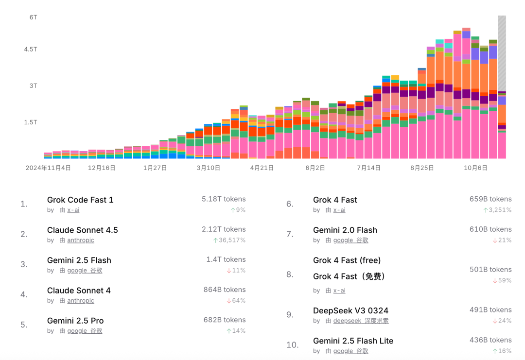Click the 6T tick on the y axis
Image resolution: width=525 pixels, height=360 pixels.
click(33, 17)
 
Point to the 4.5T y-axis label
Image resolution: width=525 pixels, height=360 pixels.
click(31, 49)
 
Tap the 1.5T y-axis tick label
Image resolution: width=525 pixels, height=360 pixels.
click(31, 122)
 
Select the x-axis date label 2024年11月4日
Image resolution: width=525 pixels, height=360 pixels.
click(48, 168)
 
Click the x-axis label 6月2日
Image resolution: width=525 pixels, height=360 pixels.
click(315, 168)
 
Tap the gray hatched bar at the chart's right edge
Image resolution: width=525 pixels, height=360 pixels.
click(502, 53)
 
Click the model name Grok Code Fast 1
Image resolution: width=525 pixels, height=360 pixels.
click(80, 200)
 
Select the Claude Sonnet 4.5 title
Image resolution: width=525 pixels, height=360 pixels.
click(82, 230)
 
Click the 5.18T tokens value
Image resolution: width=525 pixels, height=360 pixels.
click(224, 199)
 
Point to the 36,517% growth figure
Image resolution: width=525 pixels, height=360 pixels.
click(229, 240)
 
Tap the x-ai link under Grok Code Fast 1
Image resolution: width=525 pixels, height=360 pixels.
click(73, 210)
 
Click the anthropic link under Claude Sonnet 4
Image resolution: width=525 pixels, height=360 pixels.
click(80, 301)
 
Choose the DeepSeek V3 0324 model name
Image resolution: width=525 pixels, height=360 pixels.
click(350, 310)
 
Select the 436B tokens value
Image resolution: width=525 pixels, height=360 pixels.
click(490, 340)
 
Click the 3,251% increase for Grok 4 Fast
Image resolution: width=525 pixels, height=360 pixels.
click(497, 210)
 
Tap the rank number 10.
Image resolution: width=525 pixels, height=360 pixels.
click(292, 345)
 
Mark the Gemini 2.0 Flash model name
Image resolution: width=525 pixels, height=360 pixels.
click(345, 230)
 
